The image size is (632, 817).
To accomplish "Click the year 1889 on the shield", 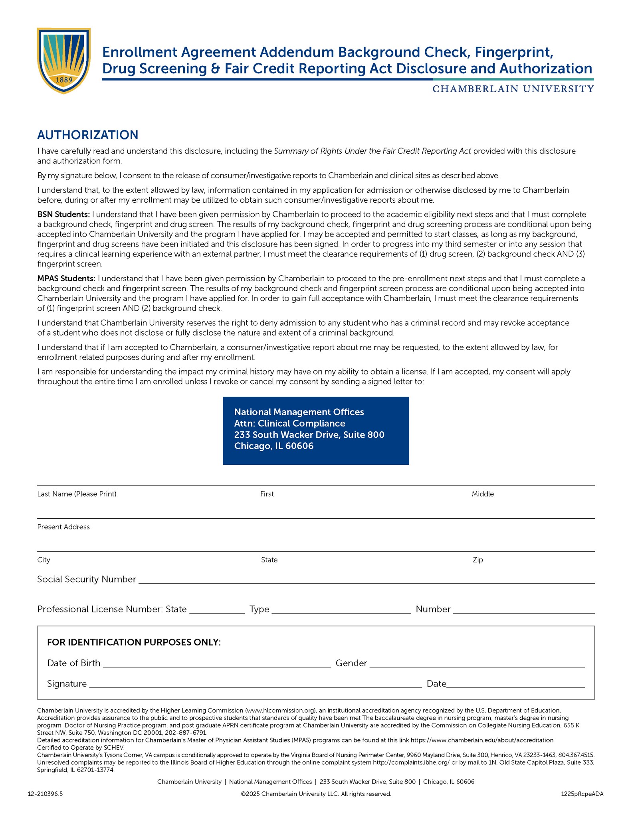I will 64,80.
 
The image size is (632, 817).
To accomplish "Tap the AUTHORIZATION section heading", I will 87,135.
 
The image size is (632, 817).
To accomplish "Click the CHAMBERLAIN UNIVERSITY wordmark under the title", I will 513,89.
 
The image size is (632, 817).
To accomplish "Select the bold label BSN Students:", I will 63,215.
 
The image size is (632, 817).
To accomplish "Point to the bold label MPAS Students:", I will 66,278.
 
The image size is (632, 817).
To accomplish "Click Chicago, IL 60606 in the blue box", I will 273,446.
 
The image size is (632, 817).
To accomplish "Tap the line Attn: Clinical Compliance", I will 289,423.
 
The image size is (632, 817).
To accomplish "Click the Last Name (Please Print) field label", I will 77,494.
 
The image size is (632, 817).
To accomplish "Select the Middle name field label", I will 483,494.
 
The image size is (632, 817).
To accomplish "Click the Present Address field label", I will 63,527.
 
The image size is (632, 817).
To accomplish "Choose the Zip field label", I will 477,560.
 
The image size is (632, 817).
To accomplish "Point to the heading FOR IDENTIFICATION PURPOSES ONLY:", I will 134,642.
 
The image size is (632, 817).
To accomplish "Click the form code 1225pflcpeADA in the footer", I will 582,794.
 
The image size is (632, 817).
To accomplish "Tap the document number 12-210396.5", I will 45,794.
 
